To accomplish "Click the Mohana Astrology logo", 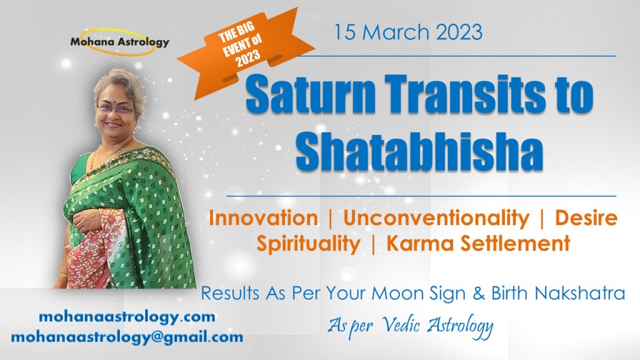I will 119,43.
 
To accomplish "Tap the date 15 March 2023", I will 408,32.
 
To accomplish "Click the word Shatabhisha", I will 419,152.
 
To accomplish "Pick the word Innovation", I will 263,218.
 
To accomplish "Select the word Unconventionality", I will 436,218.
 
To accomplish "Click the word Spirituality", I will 309,243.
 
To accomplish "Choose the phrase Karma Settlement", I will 478,243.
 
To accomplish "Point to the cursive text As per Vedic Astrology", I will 411,324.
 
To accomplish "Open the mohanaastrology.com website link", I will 127,316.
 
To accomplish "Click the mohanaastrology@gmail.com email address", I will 127,337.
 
